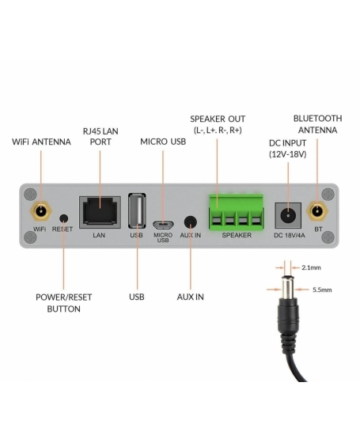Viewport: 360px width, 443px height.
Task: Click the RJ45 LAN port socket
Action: pos(99,212)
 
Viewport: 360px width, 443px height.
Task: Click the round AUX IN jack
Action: pos(190,223)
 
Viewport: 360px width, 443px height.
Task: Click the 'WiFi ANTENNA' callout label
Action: pos(41,142)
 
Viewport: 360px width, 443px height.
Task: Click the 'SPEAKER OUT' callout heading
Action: pos(218,118)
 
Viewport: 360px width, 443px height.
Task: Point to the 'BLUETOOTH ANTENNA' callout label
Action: pos(317,123)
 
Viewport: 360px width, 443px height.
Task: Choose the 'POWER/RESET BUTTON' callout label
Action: pos(64,303)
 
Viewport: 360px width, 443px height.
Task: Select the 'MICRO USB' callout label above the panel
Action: pos(164,142)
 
